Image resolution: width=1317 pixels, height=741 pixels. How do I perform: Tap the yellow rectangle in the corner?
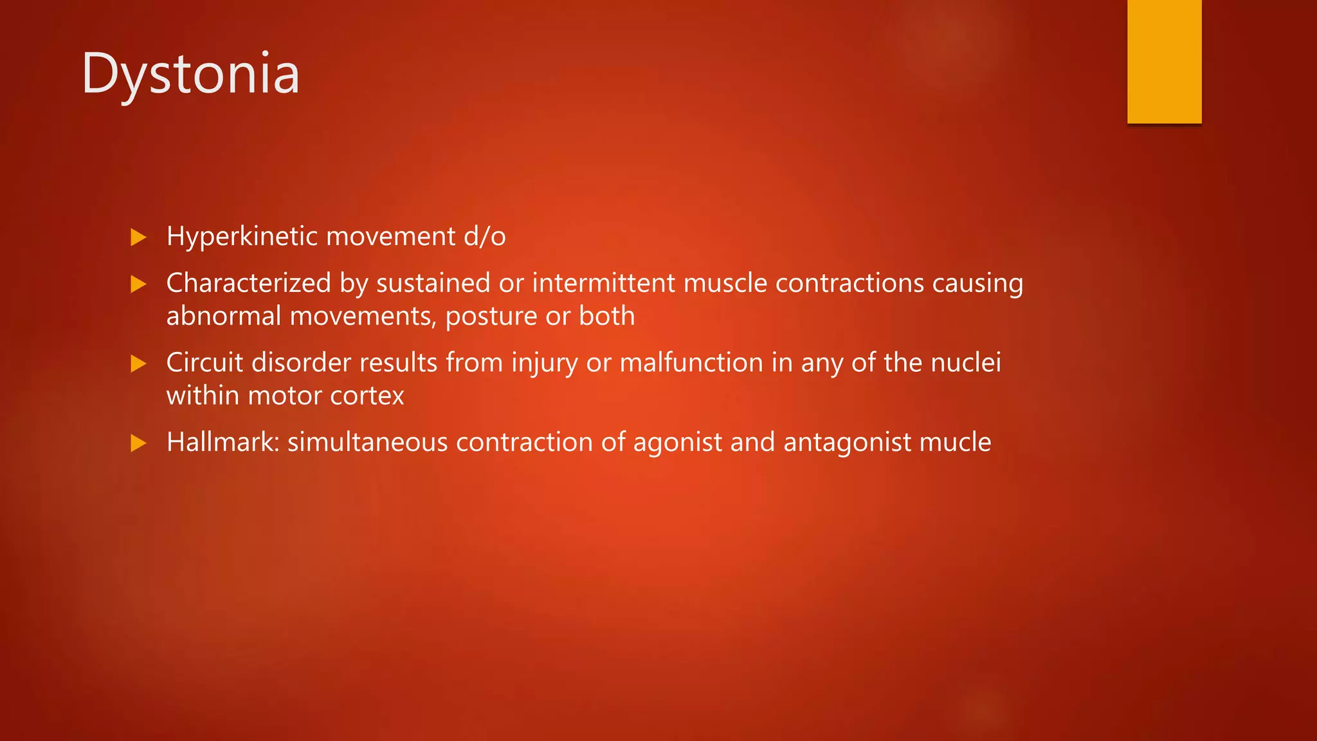point(1164,61)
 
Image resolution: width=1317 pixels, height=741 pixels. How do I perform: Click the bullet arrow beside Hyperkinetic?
point(138,237)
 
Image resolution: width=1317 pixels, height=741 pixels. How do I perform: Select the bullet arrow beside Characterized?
point(138,284)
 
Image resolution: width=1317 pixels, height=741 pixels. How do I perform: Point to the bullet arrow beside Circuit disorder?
point(138,363)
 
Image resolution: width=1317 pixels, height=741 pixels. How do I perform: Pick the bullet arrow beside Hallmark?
point(138,443)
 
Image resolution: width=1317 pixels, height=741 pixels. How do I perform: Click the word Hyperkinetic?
point(242,237)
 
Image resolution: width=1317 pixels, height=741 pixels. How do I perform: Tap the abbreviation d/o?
point(484,236)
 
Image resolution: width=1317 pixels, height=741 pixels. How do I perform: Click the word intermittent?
point(603,283)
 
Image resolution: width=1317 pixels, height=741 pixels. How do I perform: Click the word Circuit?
point(204,363)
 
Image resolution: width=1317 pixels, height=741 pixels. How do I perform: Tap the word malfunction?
point(691,363)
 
